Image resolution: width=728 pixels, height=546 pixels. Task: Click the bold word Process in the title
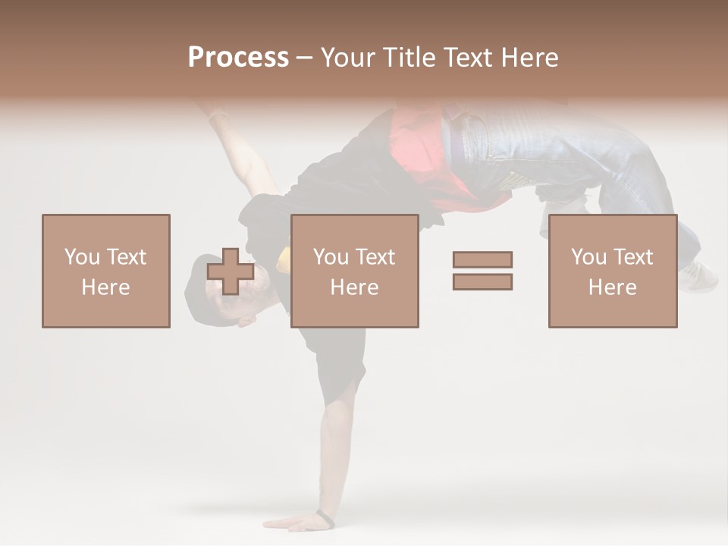(x=238, y=58)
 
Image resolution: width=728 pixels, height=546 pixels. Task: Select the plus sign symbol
(x=231, y=271)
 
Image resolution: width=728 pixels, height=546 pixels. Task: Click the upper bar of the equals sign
(x=482, y=259)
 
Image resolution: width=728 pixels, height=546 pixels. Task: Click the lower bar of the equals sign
(x=482, y=282)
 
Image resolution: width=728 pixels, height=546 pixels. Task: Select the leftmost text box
(x=106, y=271)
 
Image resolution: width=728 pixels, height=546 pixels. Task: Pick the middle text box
(x=355, y=271)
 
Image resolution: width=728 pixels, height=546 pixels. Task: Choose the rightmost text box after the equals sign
(x=613, y=271)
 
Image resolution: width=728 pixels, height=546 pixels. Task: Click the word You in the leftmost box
(x=81, y=256)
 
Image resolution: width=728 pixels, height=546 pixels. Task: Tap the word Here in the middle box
(x=355, y=287)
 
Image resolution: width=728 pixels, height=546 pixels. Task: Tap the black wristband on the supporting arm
(x=325, y=519)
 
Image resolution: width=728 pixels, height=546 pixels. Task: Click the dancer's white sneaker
(x=698, y=277)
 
